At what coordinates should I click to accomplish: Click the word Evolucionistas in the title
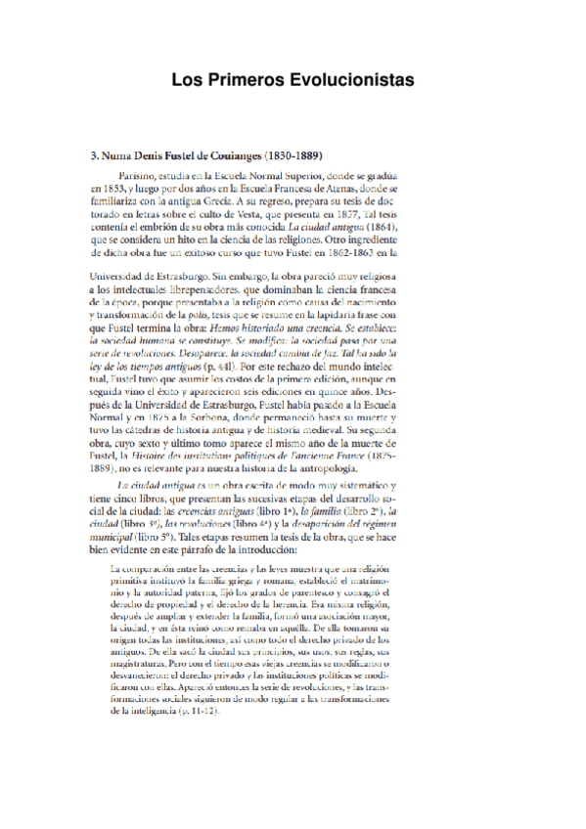346,80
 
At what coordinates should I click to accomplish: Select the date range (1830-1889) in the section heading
284,155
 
